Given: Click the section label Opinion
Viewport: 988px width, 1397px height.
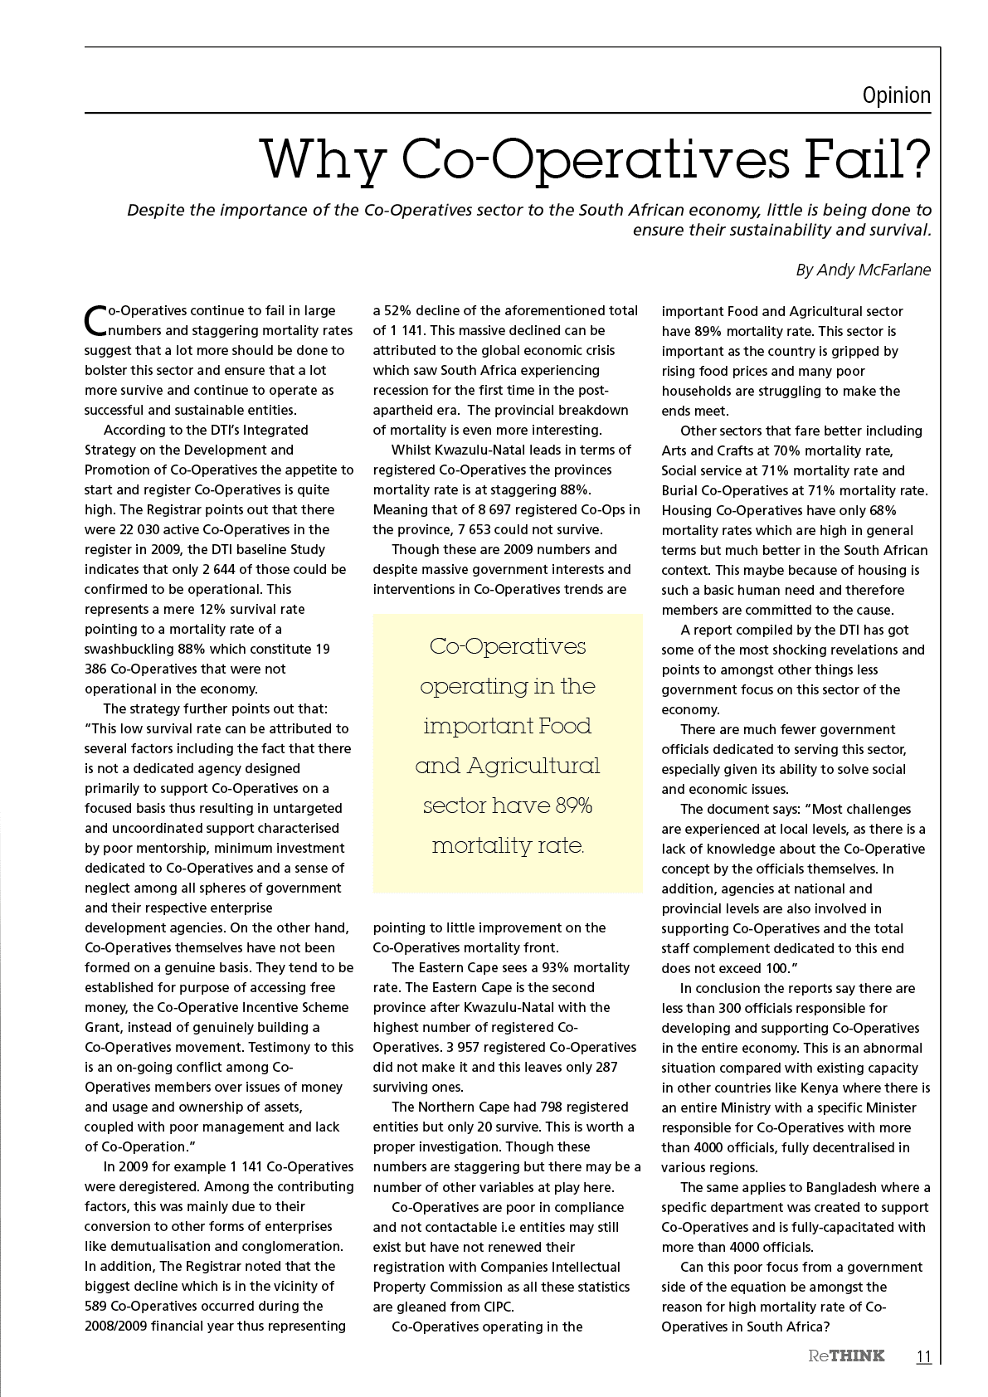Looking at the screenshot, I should point(896,95).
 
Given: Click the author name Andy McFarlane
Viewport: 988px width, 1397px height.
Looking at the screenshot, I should point(874,270).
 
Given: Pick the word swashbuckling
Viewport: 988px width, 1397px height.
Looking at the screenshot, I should point(129,649).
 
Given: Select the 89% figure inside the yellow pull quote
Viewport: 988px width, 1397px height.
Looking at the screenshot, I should point(572,806).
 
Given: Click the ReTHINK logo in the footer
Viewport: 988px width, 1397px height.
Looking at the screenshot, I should point(846,1356).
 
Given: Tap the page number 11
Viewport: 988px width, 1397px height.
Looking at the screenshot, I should point(923,1356).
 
